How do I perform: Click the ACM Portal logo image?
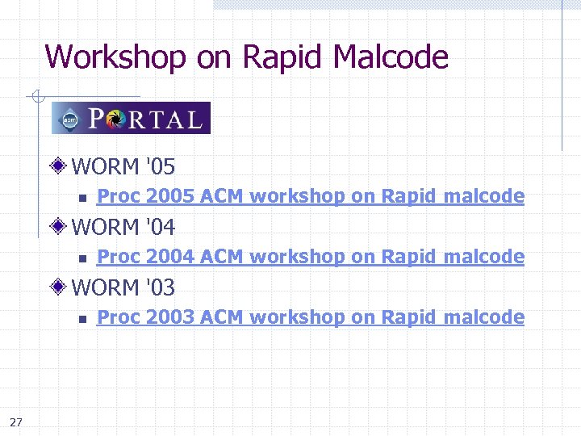131,118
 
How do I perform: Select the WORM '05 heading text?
123,167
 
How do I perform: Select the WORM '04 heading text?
123,227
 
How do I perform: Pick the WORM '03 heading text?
123,287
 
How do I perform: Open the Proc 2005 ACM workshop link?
311,196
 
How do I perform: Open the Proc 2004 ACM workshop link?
311,257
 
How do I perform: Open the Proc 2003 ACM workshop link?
311,317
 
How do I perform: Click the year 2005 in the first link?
170,196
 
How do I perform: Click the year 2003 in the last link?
170,317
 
